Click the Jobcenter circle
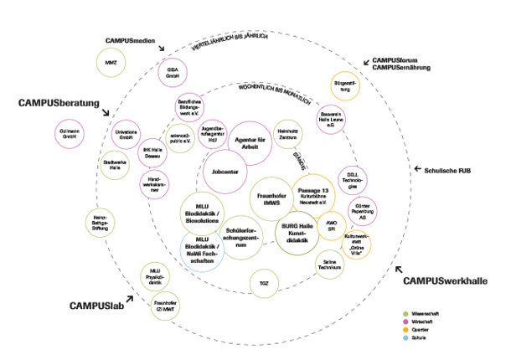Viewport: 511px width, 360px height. (x=225, y=171)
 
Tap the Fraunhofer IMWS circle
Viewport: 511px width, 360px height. (x=272, y=198)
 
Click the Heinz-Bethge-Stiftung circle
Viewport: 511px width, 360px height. (x=99, y=222)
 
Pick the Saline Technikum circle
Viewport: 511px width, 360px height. (x=330, y=264)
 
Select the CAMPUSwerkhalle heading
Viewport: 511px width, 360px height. (x=445, y=280)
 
